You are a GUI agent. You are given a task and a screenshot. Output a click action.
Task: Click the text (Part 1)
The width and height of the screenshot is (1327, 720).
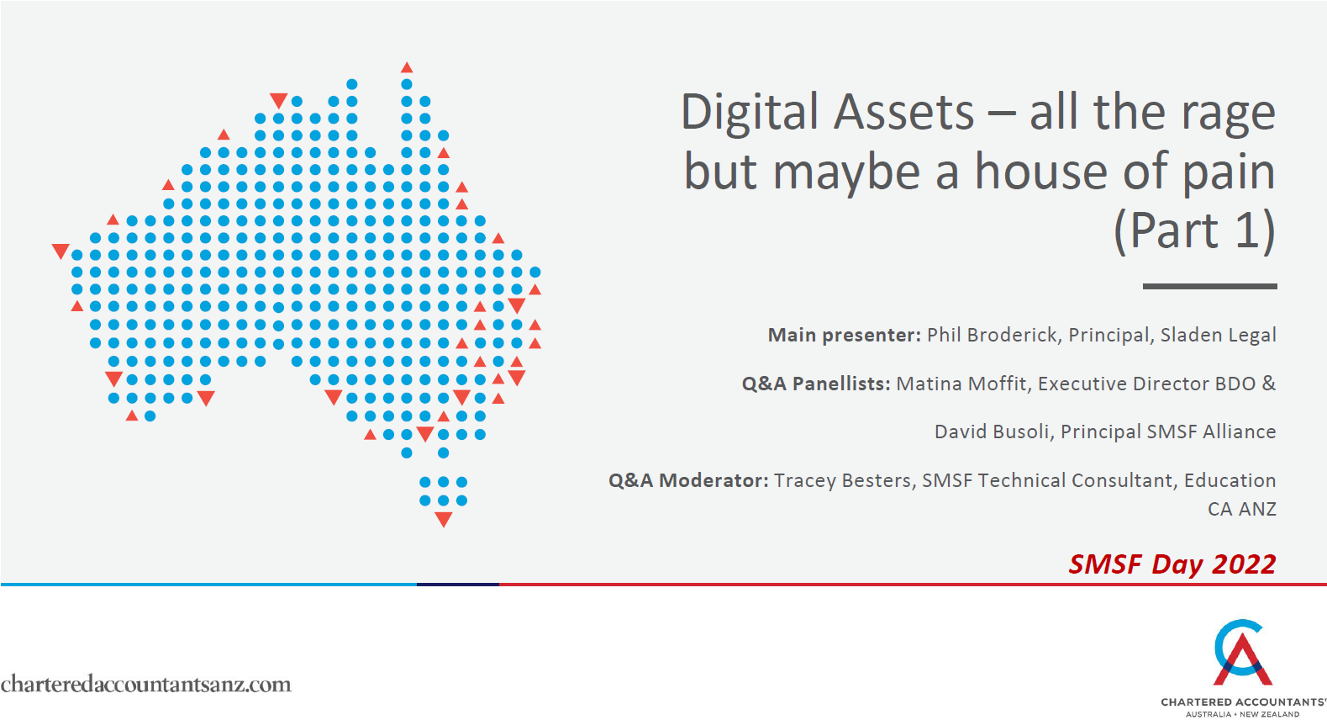[1194, 230]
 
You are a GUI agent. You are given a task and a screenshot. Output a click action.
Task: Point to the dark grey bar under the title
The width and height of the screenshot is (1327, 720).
[1209, 286]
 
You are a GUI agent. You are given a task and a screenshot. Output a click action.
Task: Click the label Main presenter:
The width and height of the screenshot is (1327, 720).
[844, 335]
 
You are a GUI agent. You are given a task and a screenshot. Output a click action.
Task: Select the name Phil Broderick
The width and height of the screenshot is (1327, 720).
[992, 335]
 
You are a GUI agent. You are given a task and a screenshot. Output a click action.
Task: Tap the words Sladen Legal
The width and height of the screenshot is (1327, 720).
[1218, 335]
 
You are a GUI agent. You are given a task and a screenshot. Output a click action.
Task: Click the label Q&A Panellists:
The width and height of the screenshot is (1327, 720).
[815, 384]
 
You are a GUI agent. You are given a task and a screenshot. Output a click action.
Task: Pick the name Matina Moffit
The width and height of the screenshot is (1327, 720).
[961, 384]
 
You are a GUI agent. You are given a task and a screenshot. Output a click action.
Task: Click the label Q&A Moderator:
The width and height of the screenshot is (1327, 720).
[688, 480]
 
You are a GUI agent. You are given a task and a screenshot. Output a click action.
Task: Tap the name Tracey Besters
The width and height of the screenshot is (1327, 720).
[843, 480]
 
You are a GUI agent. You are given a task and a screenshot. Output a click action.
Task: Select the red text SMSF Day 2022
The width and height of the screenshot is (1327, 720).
[1172, 564]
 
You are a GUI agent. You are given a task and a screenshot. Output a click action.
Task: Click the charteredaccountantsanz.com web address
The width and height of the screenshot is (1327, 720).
[145, 684]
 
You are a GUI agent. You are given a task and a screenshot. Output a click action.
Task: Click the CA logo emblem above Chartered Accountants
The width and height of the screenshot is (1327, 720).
[1241, 654]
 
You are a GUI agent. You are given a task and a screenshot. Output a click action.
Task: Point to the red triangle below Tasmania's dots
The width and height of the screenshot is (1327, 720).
[444, 520]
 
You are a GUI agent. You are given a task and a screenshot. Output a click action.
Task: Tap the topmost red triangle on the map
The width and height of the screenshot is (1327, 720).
[407, 67]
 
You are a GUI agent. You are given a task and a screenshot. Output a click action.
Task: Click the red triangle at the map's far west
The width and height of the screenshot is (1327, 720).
[61, 251]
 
